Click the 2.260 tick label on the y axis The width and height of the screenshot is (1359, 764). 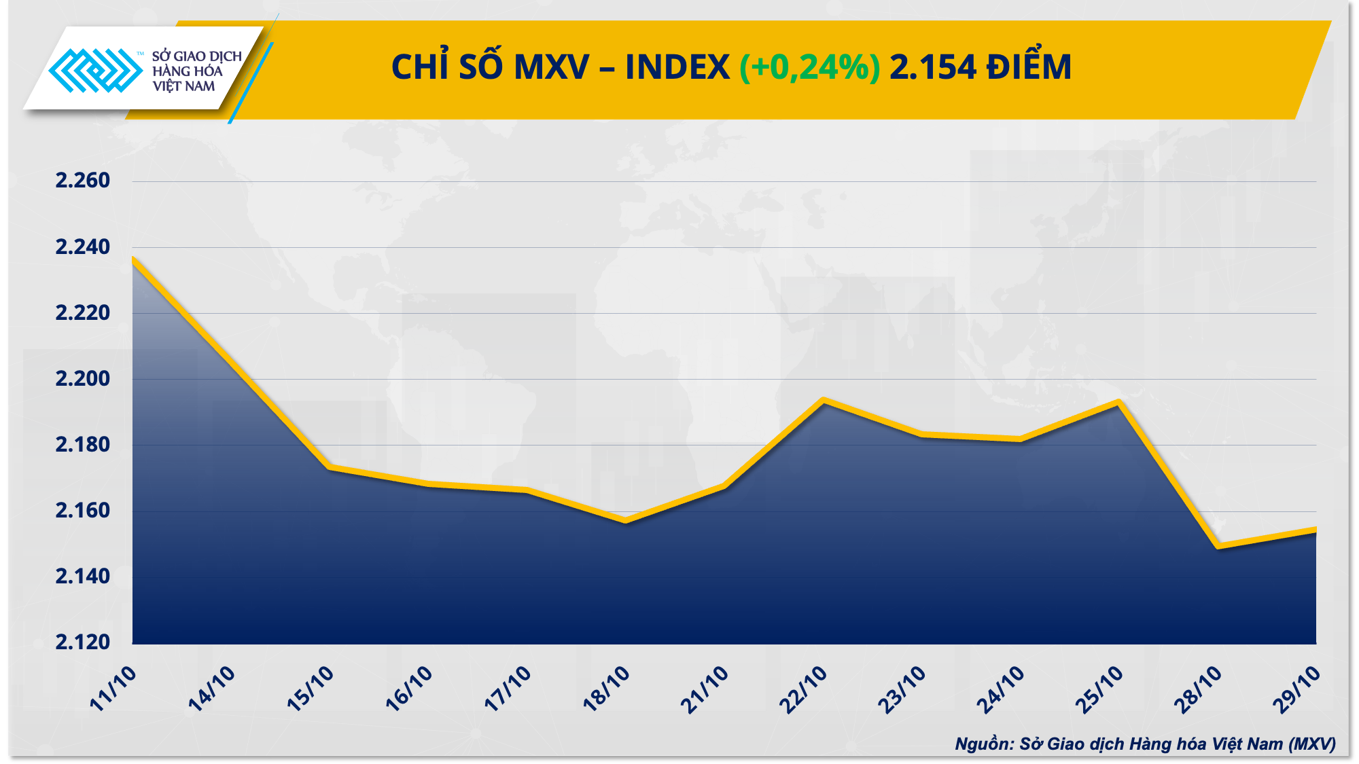coord(82,181)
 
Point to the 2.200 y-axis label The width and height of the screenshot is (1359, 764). coord(82,379)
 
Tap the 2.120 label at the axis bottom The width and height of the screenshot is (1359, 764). coord(82,642)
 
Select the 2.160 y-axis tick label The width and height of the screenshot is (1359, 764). coord(82,511)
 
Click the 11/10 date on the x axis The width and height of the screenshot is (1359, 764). coord(113,689)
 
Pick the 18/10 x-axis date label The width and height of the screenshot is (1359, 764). coord(607,689)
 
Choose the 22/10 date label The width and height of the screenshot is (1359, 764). coord(804,689)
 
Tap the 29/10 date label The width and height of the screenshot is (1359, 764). coord(1297,689)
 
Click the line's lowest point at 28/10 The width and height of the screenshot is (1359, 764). coord(1218,546)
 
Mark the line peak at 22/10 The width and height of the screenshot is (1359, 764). coord(824,401)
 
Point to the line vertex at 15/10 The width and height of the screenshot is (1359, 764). coord(330,467)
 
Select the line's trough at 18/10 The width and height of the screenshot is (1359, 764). coord(625,521)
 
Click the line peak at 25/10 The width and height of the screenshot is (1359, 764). coord(1118,403)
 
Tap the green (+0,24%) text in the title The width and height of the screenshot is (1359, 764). coord(809,67)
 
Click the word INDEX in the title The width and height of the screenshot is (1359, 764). coord(677,67)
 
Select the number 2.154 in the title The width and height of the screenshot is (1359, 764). coord(932,67)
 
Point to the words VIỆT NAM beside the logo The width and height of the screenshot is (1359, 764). coord(183,86)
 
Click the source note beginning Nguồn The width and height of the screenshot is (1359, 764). coord(1144,744)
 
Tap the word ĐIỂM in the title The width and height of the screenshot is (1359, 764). coord(1029,67)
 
